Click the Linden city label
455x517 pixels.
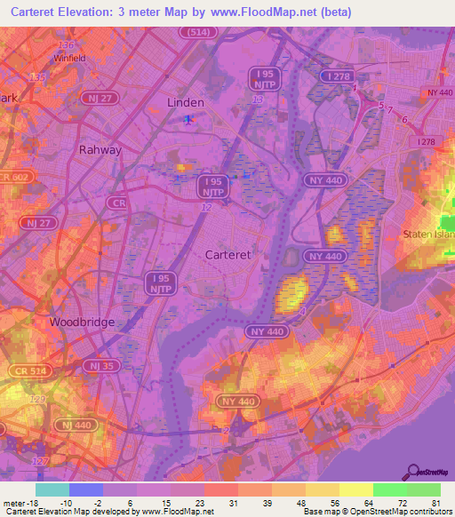[186, 103]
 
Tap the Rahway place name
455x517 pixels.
[100, 149]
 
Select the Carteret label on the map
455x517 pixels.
[227, 253]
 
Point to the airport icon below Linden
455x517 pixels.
[187, 119]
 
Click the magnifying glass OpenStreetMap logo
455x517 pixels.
[414, 472]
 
